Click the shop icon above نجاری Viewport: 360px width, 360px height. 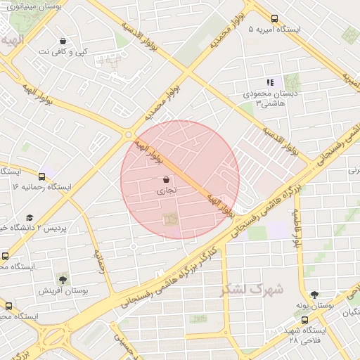[166, 180]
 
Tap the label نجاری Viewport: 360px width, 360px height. [166, 191]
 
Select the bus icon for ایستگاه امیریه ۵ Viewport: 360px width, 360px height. [274, 20]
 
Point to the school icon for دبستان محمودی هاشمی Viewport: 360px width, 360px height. [271, 83]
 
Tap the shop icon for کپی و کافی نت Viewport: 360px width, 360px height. [63, 41]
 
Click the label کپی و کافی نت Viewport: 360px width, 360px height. [63, 51]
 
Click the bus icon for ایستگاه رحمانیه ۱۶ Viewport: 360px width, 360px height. [42, 176]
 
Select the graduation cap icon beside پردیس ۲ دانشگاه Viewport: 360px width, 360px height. [30, 218]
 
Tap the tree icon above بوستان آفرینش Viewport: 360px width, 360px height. [63, 280]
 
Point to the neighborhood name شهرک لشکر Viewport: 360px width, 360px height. [251, 289]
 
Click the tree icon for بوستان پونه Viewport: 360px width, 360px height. [314, 295]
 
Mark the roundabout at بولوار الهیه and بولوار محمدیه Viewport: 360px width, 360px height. [128, 134]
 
